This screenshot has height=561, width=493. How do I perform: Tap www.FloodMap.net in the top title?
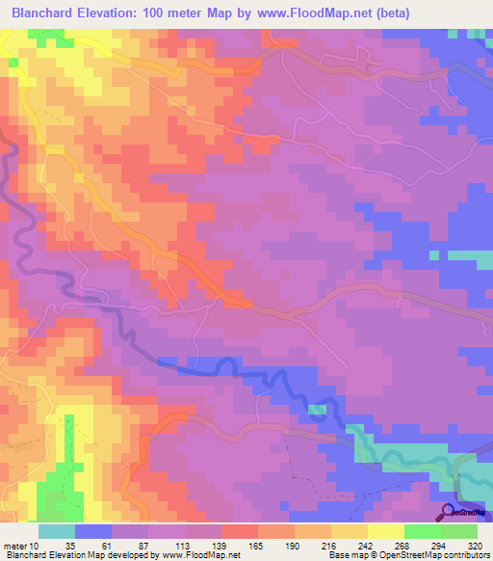pos(313,13)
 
